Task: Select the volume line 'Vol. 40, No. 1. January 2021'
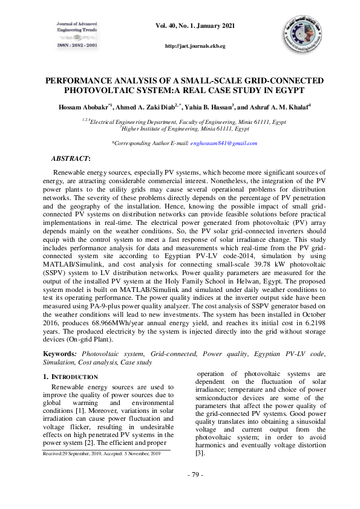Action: tap(194, 26)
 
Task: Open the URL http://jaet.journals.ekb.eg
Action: tap(195, 46)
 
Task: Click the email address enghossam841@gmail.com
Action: tap(224, 143)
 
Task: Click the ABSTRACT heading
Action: tap(71, 158)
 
